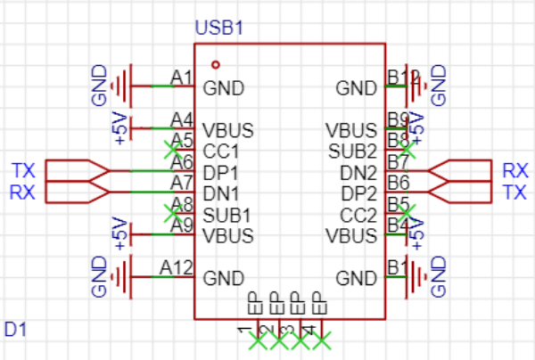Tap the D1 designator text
(x=15, y=330)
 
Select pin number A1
(x=182, y=78)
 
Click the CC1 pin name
(x=220, y=151)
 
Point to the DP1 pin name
(x=220, y=172)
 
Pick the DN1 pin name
(x=220, y=193)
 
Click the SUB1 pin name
(x=226, y=215)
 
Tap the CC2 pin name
(x=359, y=215)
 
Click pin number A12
(x=177, y=266)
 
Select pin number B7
(x=398, y=161)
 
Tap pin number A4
(x=182, y=119)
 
